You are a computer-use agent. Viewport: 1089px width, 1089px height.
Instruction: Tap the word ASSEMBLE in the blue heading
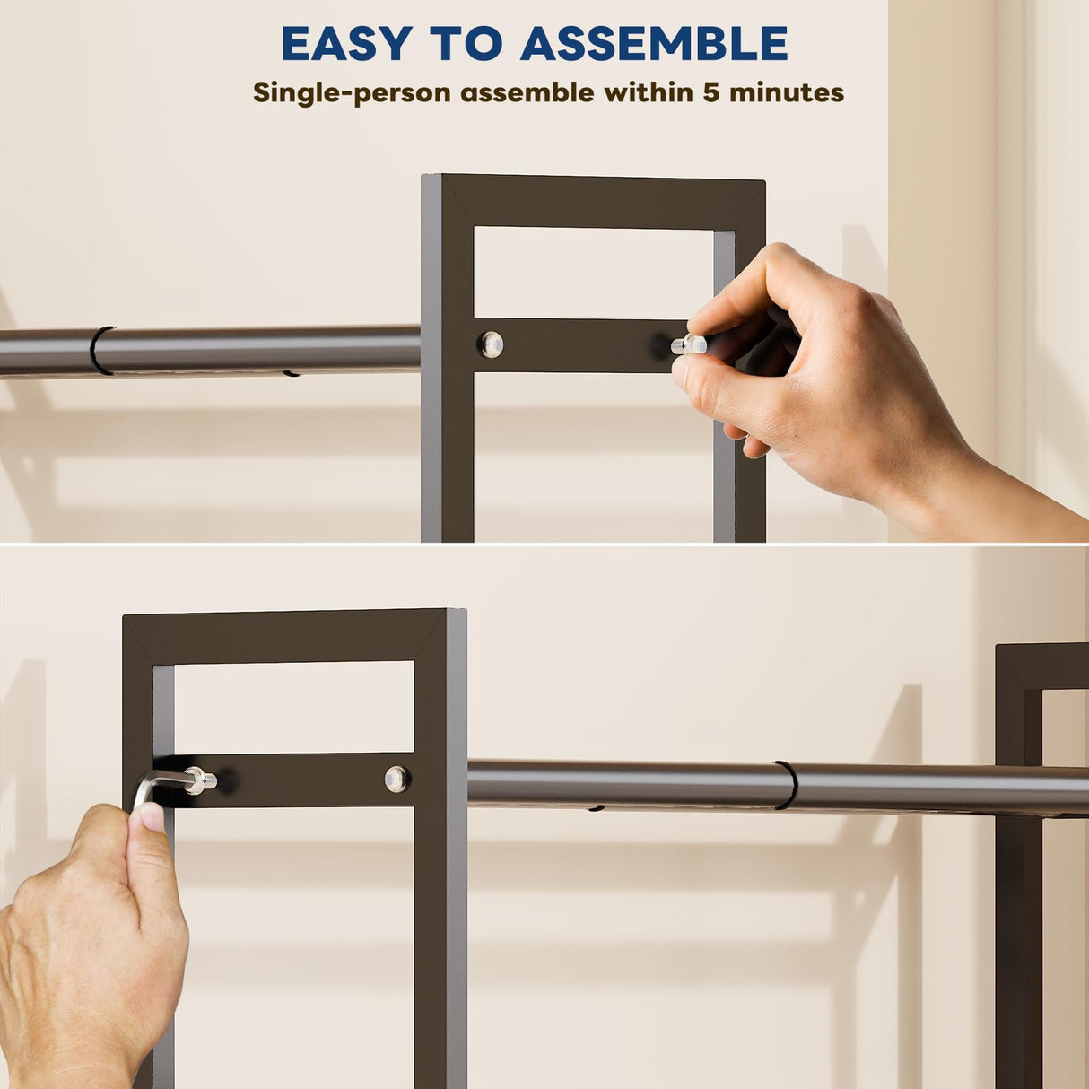point(654,43)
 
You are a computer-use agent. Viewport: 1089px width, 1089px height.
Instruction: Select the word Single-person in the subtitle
point(353,92)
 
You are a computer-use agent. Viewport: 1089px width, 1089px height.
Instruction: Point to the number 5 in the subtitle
point(710,92)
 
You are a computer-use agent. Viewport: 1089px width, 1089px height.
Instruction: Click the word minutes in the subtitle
point(786,92)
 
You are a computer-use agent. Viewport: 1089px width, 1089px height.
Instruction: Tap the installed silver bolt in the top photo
point(491,344)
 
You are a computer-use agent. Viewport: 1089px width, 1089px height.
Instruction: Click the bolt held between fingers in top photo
point(690,344)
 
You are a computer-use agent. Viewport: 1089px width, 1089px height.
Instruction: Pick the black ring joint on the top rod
point(100,350)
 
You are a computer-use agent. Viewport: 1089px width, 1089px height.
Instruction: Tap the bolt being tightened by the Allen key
point(201,780)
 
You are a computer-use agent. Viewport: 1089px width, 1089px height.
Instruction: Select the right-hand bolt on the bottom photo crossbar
point(397,779)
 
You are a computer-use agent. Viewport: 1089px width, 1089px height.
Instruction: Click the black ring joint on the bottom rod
point(787,785)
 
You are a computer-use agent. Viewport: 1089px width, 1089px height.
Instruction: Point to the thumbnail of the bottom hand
point(150,817)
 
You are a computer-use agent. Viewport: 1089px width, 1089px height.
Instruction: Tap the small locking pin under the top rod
point(291,373)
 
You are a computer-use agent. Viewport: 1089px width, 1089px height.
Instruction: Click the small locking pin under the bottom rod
point(596,809)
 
